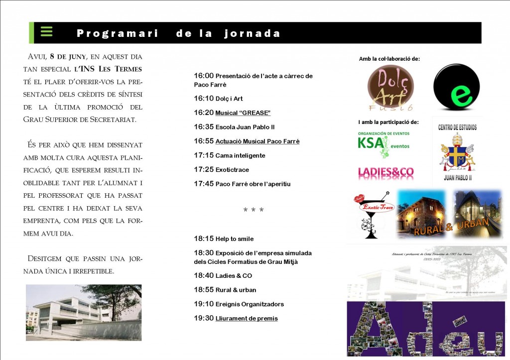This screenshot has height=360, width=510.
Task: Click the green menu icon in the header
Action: click(46, 31)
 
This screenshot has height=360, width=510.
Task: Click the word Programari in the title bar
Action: click(118, 34)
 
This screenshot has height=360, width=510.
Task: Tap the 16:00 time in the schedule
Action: click(204, 76)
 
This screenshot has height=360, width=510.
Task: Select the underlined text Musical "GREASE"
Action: click(243, 113)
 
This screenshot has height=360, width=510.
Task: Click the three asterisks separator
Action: click(254, 210)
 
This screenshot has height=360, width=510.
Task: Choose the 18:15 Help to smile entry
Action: click(224, 239)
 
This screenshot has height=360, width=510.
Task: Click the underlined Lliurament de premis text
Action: click(247, 319)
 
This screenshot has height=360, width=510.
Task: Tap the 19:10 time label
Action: click(204, 304)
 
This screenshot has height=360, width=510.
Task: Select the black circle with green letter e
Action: click(456, 87)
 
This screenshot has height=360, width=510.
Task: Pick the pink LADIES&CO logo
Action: click(386, 172)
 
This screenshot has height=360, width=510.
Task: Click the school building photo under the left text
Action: click(84, 312)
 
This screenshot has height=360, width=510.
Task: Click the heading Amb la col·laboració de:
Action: click(389, 59)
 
